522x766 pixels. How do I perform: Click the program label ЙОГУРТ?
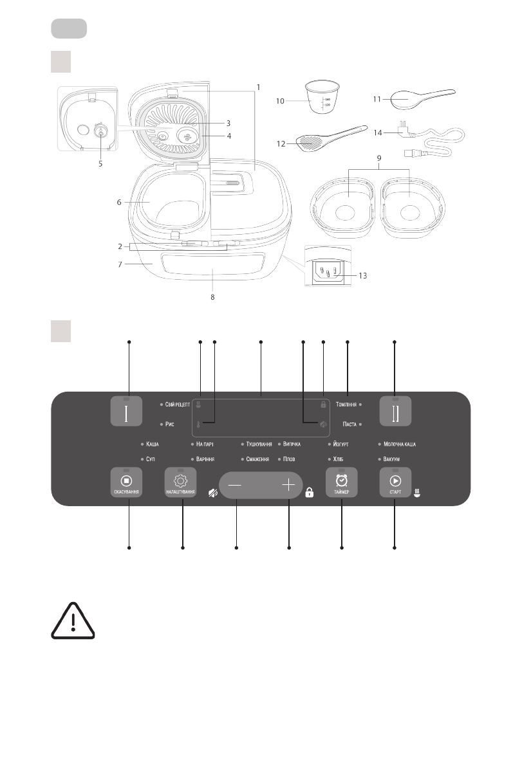(x=341, y=444)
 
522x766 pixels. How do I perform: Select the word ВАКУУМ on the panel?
(x=395, y=460)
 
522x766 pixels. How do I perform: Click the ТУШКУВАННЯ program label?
(x=259, y=444)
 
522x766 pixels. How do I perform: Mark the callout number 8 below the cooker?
(x=213, y=297)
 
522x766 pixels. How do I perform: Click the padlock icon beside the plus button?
(x=309, y=493)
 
